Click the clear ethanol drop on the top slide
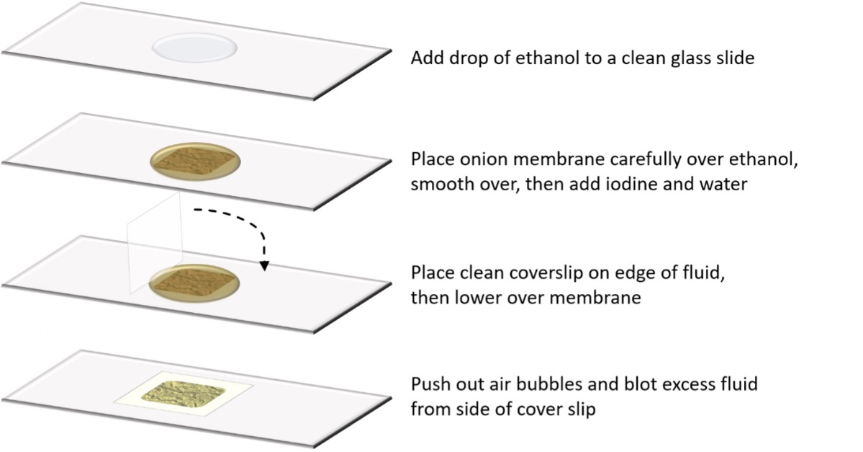tap(194, 48)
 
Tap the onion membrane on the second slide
tap(194, 161)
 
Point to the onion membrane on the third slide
tap(194, 283)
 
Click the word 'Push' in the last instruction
tap(428, 384)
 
